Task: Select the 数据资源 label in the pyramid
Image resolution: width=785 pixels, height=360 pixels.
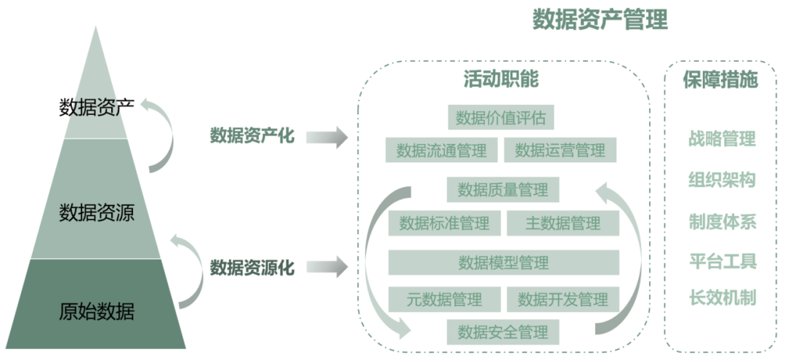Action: [97, 213]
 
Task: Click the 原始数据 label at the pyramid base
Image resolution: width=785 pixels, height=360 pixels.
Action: [97, 311]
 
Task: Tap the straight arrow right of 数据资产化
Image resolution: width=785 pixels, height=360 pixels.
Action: [327, 137]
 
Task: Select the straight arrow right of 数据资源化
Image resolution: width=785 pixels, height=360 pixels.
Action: [327, 266]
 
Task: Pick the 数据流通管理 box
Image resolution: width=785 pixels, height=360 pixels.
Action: [442, 151]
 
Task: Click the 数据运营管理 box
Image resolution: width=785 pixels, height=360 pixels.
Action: [560, 151]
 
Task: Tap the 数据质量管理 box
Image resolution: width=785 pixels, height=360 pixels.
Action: [503, 191]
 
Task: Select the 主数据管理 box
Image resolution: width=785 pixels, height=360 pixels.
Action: [563, 223]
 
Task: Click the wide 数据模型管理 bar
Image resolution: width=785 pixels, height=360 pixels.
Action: [504, 263]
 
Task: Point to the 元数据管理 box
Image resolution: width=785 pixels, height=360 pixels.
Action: [445, 300]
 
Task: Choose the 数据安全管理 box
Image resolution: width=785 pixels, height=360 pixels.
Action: [503, 332]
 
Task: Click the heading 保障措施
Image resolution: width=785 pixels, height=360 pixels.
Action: [720, 80]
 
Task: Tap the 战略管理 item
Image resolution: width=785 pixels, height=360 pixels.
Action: [722, 139]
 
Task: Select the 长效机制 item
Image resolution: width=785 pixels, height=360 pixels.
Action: [722, 298]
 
